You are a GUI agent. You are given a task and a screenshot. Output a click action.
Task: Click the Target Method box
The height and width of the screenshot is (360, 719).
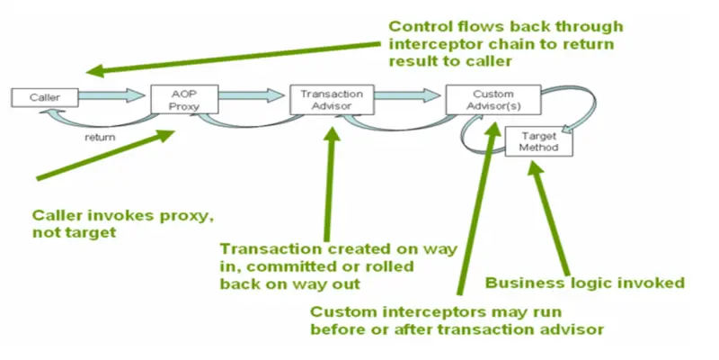click(536, 140)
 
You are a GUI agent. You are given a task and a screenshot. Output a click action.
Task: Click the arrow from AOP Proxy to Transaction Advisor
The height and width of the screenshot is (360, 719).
click(243, 94)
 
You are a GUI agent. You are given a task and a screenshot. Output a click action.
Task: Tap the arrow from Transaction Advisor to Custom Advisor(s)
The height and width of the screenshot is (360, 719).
click(395, 94)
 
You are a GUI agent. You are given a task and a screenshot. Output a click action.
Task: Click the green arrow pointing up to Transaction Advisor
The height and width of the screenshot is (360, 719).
click(329, 180)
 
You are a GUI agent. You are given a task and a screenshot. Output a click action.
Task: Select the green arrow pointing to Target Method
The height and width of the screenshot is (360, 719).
click(554, 216)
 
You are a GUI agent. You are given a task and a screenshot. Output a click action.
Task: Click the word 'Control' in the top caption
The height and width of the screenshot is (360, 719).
click(418, 26)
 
